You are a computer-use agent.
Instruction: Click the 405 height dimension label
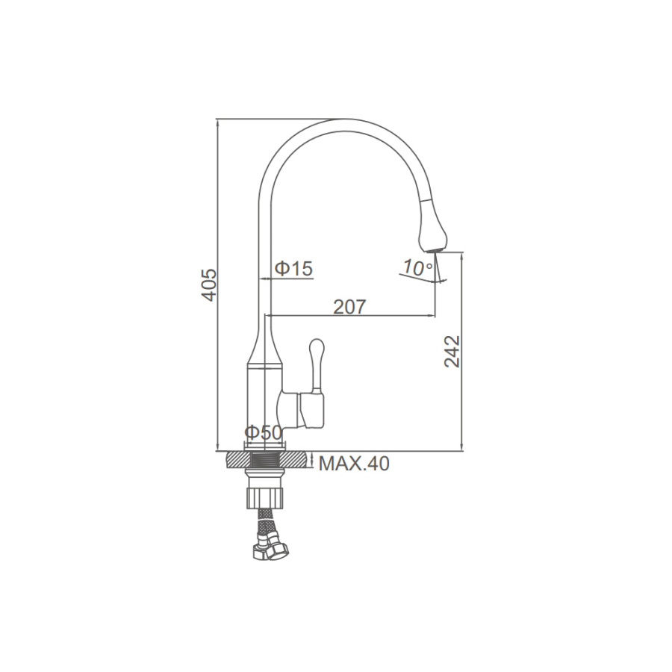coord(210,285)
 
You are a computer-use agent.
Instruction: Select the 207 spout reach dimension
coord(349,307)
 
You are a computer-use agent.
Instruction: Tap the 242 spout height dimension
coord(452,352)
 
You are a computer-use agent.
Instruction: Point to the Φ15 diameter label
coord(294,269)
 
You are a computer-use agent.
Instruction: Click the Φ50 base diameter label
coord(264,432)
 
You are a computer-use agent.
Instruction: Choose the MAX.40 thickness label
coord(354,463)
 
